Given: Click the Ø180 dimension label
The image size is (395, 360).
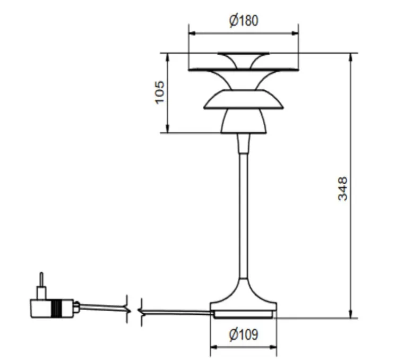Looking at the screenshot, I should coord(244,21).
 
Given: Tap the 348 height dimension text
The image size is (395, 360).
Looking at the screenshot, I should coord(343,188).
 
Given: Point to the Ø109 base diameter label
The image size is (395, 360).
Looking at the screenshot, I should coord(243,335).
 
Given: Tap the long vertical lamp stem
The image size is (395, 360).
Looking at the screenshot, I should coord(243,212).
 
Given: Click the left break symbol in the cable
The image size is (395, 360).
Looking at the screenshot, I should coord(126,308).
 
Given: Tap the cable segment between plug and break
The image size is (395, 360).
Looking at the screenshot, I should coord(101,307).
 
